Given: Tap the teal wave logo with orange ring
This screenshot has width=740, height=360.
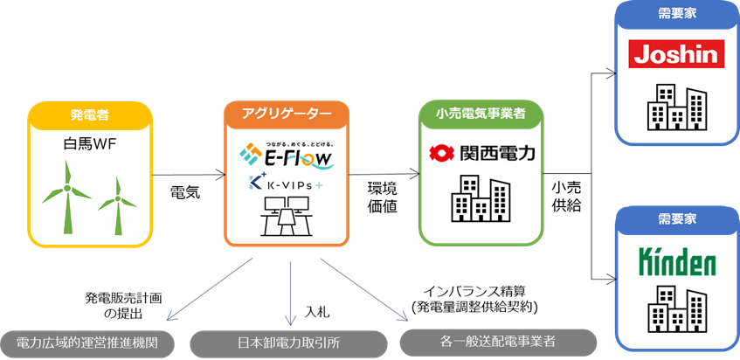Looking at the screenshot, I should (x=310, y=160).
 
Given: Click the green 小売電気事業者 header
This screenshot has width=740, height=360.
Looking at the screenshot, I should (x=481, y=112).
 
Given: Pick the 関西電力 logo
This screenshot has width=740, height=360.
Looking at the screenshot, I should (x=481, y=153).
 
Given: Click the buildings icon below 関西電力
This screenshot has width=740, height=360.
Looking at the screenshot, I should (x=480, y=198).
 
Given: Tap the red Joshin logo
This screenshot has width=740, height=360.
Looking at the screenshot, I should (x=678, y=55).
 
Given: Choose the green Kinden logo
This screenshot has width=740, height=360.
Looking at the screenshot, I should (x=678, y=260).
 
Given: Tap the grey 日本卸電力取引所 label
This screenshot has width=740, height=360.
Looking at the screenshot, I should (x=287, y=343).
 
